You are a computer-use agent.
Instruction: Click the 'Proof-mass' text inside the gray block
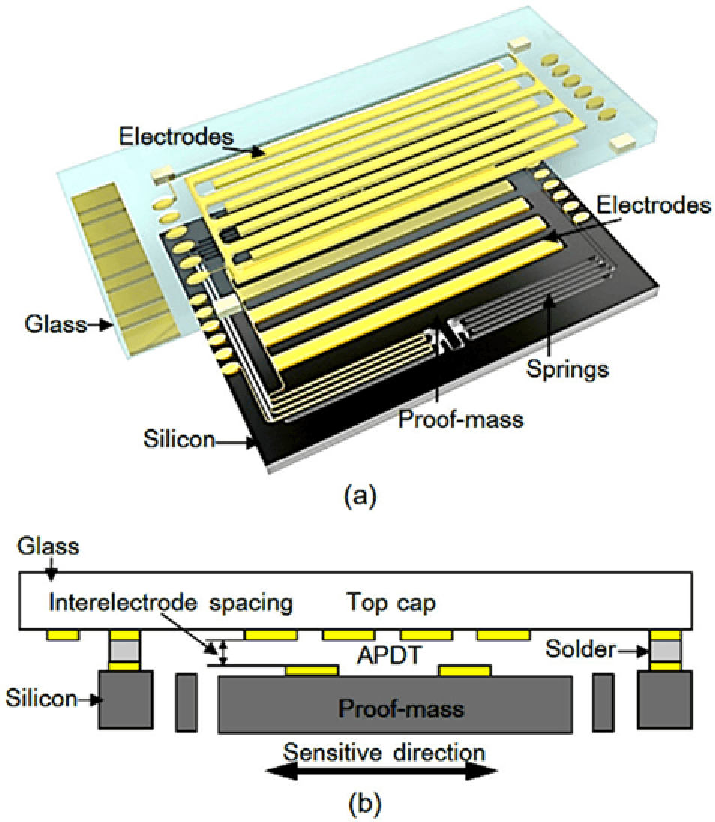click(393, 708)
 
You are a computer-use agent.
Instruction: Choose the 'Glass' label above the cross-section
click(49, 547)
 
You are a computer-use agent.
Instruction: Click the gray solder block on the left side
click(125, 647)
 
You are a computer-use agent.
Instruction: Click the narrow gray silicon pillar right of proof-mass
click(603, 702)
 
